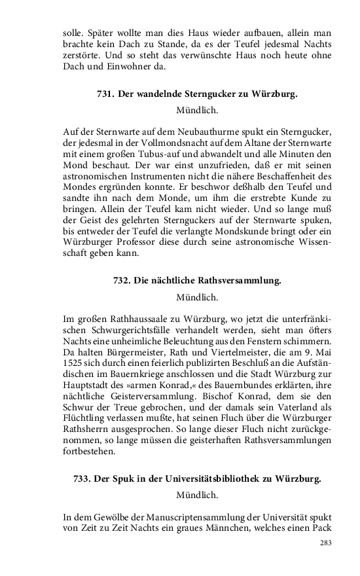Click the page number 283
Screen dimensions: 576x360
[x=326, y=543]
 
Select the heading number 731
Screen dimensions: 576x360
[x=105, y=94]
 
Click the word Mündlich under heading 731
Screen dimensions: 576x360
[x=197, y=110]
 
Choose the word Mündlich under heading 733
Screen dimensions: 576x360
[x=197, y=495]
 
